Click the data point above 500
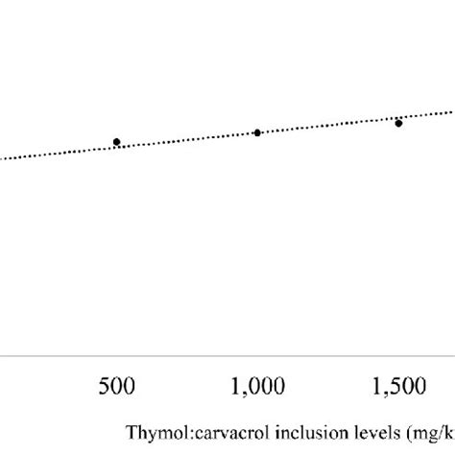[x=117, y=142]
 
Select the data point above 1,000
[x=257, y=132]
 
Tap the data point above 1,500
[x=398, y=123]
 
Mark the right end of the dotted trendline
[x=452, y=114]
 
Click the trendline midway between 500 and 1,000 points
[x=187, y=140]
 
